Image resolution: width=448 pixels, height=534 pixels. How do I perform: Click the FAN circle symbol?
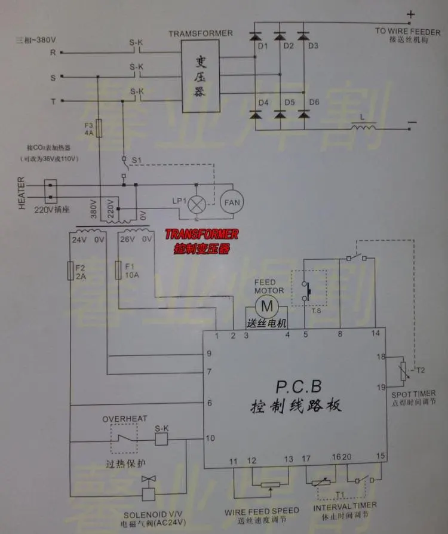(x=232, y=203)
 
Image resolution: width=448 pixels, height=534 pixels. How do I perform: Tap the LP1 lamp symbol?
(x=197, y=204)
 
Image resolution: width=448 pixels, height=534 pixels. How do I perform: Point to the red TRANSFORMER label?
(x=201, y=234)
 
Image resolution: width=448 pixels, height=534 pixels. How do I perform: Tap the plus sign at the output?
(x=410, y=14)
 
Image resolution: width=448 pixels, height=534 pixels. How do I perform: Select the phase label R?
(x=53, y=53)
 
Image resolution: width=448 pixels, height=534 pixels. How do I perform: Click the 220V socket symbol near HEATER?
(x=52, y=189)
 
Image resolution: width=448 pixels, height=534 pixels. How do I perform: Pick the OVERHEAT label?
(x=125, y=419)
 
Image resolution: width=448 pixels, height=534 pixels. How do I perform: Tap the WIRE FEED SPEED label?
(x=262, y=511)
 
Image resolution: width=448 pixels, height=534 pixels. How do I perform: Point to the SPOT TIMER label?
(x=413, y=394)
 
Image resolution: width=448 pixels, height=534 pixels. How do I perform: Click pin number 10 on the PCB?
(x=210, y=438)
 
